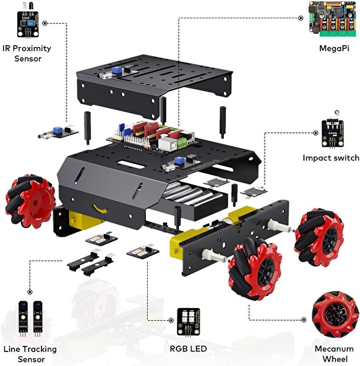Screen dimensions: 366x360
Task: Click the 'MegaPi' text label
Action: tap(329, 48)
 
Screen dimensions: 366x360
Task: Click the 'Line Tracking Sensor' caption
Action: tap(29, 354)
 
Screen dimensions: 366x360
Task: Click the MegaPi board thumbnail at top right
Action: tap(329, 19)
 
